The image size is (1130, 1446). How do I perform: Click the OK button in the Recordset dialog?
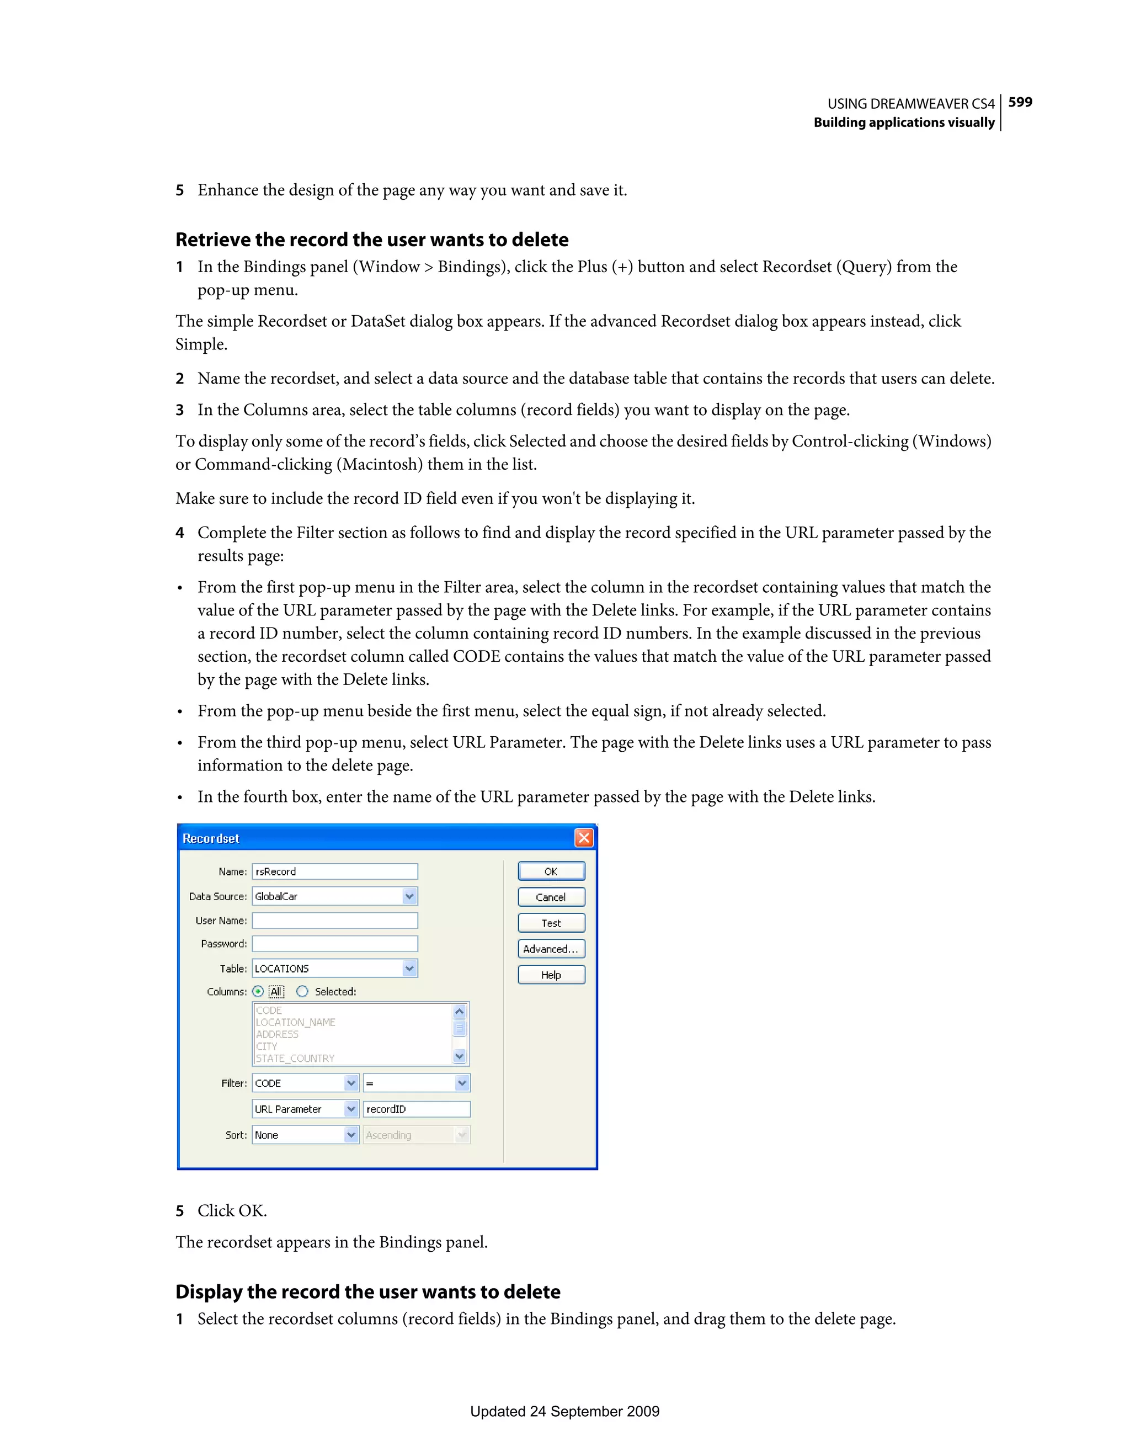pyautogui.click(x=551, y=871)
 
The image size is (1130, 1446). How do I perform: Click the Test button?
pyautogui.click(x=551, y=923)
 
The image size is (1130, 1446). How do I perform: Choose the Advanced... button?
pyautogui.click(x=551, y=949)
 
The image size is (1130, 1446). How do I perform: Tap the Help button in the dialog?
pyautogui.click(x=551, y=975)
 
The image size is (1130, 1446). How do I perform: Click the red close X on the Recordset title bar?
pyautogui.click(x=583, y=838)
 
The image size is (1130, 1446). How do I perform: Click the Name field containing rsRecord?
pyautogui.click(x=334, y=871)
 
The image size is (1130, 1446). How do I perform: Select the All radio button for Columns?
pyautogui.click(x=258, y=992)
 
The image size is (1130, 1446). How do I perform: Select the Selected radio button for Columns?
pyautogui.click(x=302, y=992)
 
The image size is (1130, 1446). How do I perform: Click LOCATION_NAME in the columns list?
pyautogui.click(x=295, y=1022)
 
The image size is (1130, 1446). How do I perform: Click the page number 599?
pyautogui.click(x=1020, y=102)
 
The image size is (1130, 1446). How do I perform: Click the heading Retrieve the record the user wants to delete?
pyautogui.click(x=371, y=240)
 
